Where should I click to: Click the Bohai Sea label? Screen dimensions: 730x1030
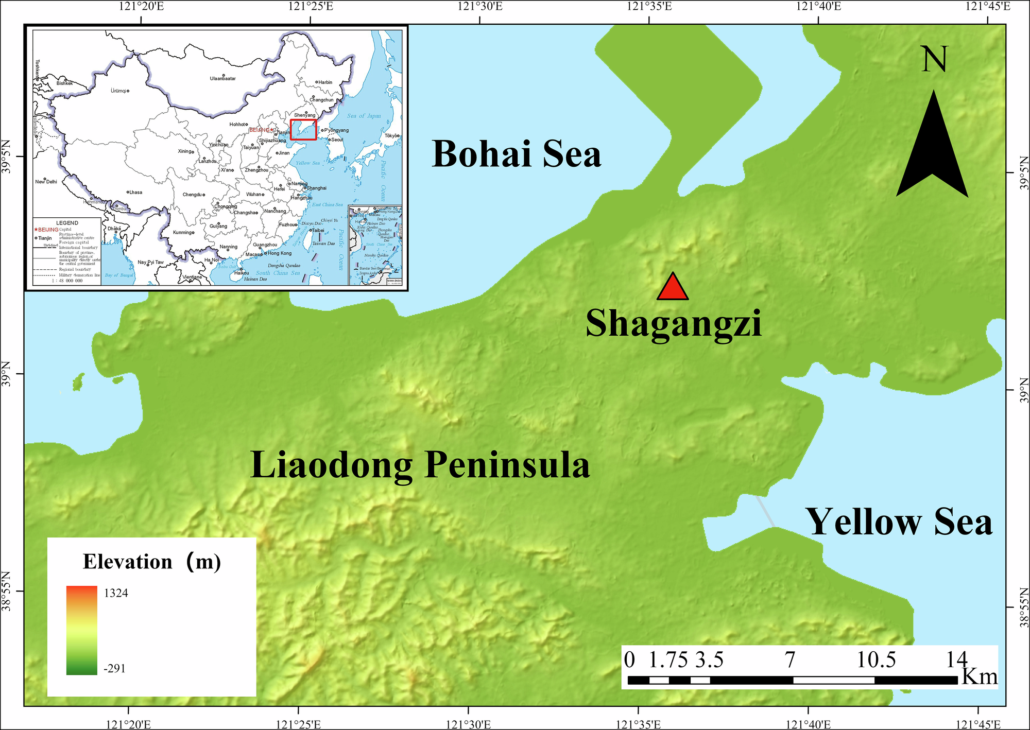tap(517, 154)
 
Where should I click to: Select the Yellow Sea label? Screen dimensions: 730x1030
tap(899, 522)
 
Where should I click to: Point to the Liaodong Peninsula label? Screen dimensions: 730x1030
tap(420, 465)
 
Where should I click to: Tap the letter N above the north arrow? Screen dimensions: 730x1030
tap(934, 60)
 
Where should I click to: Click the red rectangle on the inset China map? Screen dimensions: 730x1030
tap(303, 130)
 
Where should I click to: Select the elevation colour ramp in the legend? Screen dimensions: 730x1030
tap(81, 630)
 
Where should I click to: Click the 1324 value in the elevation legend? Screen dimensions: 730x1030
tap(116, 593)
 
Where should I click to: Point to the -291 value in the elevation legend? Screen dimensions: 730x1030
tap(114, 669)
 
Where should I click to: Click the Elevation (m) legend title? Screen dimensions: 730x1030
tap(152, 562)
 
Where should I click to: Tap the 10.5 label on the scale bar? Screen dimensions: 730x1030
tap(876, 660)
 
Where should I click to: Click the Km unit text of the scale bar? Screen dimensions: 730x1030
tap(980, 676)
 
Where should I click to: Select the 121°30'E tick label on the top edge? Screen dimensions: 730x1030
tap(479, 7)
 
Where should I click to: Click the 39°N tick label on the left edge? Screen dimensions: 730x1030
tap(7, 374)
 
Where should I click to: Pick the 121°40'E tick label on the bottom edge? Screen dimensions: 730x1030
tap(809, 724)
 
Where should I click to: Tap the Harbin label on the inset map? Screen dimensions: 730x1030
tap(325, 82)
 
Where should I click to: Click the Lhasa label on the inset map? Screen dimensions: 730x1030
tap(135, 193)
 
